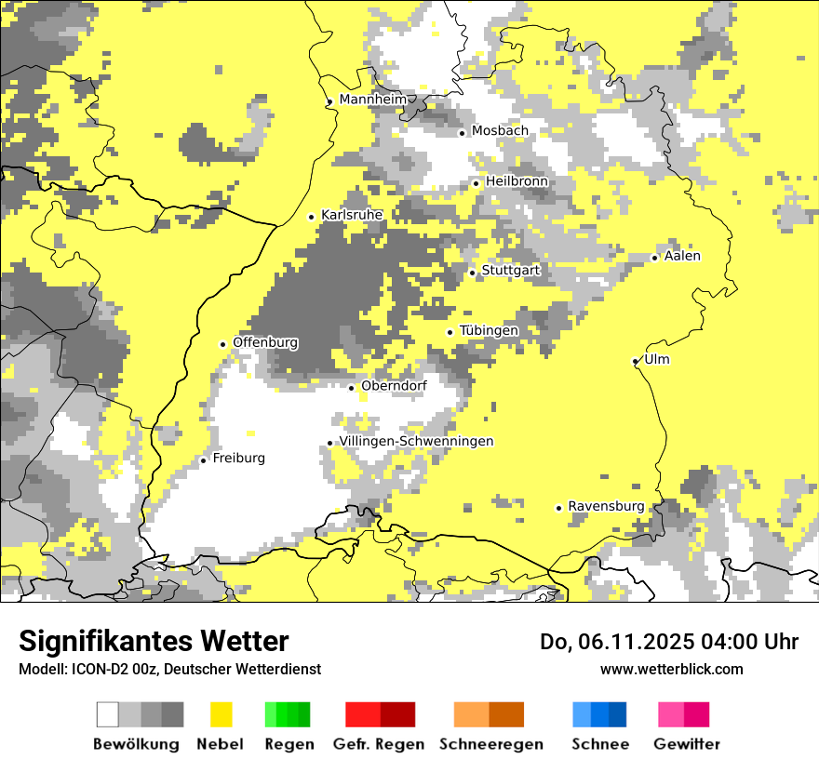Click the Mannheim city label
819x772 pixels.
coord(373,100)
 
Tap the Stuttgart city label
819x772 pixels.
coord(510,271)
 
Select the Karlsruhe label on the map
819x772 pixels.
coord(352,215)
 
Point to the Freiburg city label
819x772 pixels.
coord(238,459)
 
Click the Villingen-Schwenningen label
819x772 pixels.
coord(416,442)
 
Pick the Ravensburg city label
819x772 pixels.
coord(606,506)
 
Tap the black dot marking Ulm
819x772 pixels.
coord(635,361)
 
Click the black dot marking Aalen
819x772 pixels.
coord(655,258)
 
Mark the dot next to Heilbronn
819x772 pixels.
coord(477,183)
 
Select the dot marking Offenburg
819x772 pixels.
coord(223,344)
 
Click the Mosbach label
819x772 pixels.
coord(500,131)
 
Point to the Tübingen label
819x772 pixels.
coord(489,331)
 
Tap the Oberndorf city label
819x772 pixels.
coord(394,386)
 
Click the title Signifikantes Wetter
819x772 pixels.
coord(154,641)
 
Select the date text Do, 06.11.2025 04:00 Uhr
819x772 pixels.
coord(669,642)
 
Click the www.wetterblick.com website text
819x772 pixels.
coord(671,669)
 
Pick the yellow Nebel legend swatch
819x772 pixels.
coord(221,714)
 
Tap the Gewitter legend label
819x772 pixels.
coord(687,744)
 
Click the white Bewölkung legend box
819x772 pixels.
coord(108,714)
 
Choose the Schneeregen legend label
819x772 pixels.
coord(490,744)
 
